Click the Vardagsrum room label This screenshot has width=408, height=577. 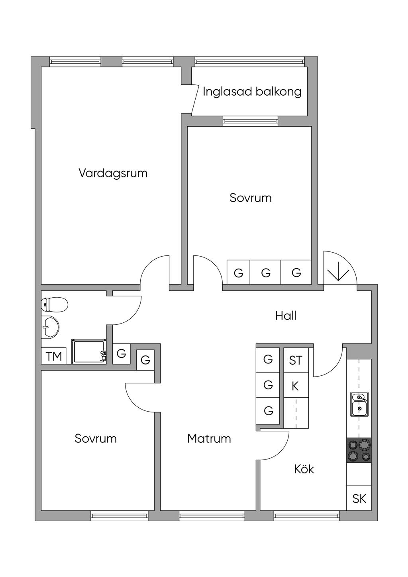113,173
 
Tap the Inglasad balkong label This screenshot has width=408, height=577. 252,92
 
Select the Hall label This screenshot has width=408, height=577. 286,316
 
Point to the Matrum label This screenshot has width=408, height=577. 209,439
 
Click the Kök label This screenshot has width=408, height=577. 304,469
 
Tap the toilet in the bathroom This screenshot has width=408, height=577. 55,305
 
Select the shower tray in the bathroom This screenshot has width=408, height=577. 89,351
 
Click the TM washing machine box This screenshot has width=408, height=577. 54,356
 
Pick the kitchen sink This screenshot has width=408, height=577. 359,404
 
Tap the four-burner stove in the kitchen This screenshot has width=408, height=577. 359,450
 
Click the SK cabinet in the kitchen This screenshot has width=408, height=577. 359,498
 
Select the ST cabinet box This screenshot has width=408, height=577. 296,360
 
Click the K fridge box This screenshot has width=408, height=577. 295,386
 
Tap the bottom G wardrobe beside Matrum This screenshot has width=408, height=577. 269,410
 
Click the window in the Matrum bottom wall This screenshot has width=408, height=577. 212,516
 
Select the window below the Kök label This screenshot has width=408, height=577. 306,516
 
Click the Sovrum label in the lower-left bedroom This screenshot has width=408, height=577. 96,439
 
